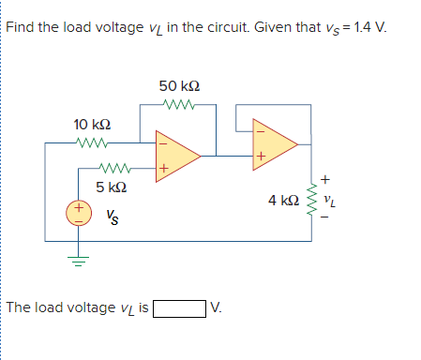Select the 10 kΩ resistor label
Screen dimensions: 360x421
coord(93,125)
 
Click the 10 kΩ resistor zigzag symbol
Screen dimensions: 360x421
coord(93,143)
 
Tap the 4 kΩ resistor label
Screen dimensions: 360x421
coord(284,200)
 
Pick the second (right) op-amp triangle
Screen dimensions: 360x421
coord(274,144)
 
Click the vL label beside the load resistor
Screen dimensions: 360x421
coord(327,200)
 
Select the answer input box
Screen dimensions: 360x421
coord(179,307)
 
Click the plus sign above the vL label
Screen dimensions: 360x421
coord(325,178)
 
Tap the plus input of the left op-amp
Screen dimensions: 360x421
coord(163,169)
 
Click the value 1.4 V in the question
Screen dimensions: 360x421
coord(368,23)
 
